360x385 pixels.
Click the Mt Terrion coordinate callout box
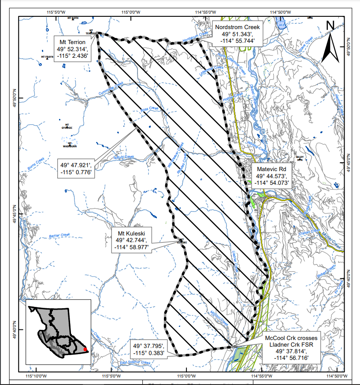[x=73, y=49]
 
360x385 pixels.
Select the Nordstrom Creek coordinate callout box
[x=238, y=33]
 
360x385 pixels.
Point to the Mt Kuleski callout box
[x=131, y=240]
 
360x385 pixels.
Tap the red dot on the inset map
[x=85, y=351]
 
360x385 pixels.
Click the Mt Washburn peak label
[x=70, y=145]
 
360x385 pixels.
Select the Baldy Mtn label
[x=300, y=157]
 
